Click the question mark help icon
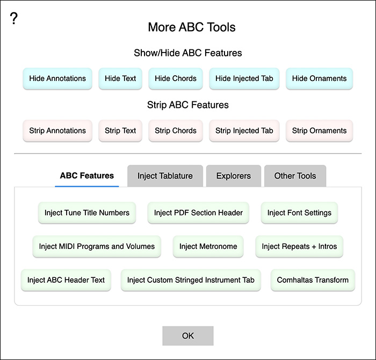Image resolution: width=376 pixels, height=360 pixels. (x=14, y=18)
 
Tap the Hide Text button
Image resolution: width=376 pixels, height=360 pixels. (x=120, y=78)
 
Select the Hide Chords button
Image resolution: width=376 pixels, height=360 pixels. (x=176, y=78)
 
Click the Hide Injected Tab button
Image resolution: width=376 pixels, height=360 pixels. (x=244, y=78)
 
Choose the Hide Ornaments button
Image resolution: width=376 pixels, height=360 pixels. (x=319, y=78)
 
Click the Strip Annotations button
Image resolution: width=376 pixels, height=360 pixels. (x=57, y=131)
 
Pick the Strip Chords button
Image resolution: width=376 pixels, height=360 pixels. (x=176, y=131)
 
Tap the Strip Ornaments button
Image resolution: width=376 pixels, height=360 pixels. (x=319, y=131)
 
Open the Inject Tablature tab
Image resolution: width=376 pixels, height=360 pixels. (x=165, y=176)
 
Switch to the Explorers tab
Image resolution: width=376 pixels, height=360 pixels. (x=234, y=176)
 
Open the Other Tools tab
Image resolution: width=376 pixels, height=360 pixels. (x=295, y=176)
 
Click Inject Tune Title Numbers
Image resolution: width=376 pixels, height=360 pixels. (x=87, y=212)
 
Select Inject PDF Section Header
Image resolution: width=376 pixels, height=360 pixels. (x=198, y=212)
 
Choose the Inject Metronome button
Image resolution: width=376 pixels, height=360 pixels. (x=208, y=246)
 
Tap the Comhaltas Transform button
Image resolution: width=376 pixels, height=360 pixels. (x=313, y=280)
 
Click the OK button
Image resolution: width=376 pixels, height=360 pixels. (x=188, y=336)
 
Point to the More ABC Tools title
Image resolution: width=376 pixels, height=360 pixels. (x=192, y=27)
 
